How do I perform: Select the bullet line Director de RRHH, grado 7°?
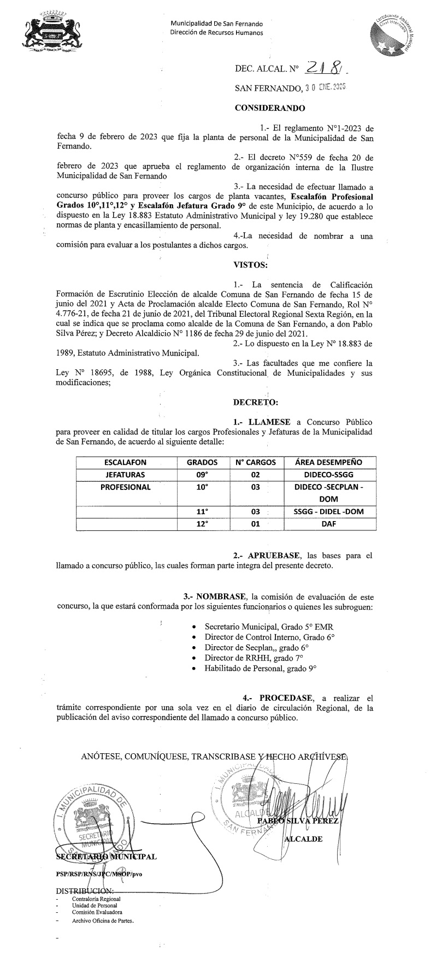[249, 658]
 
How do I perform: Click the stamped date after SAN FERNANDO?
[326, 87]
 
